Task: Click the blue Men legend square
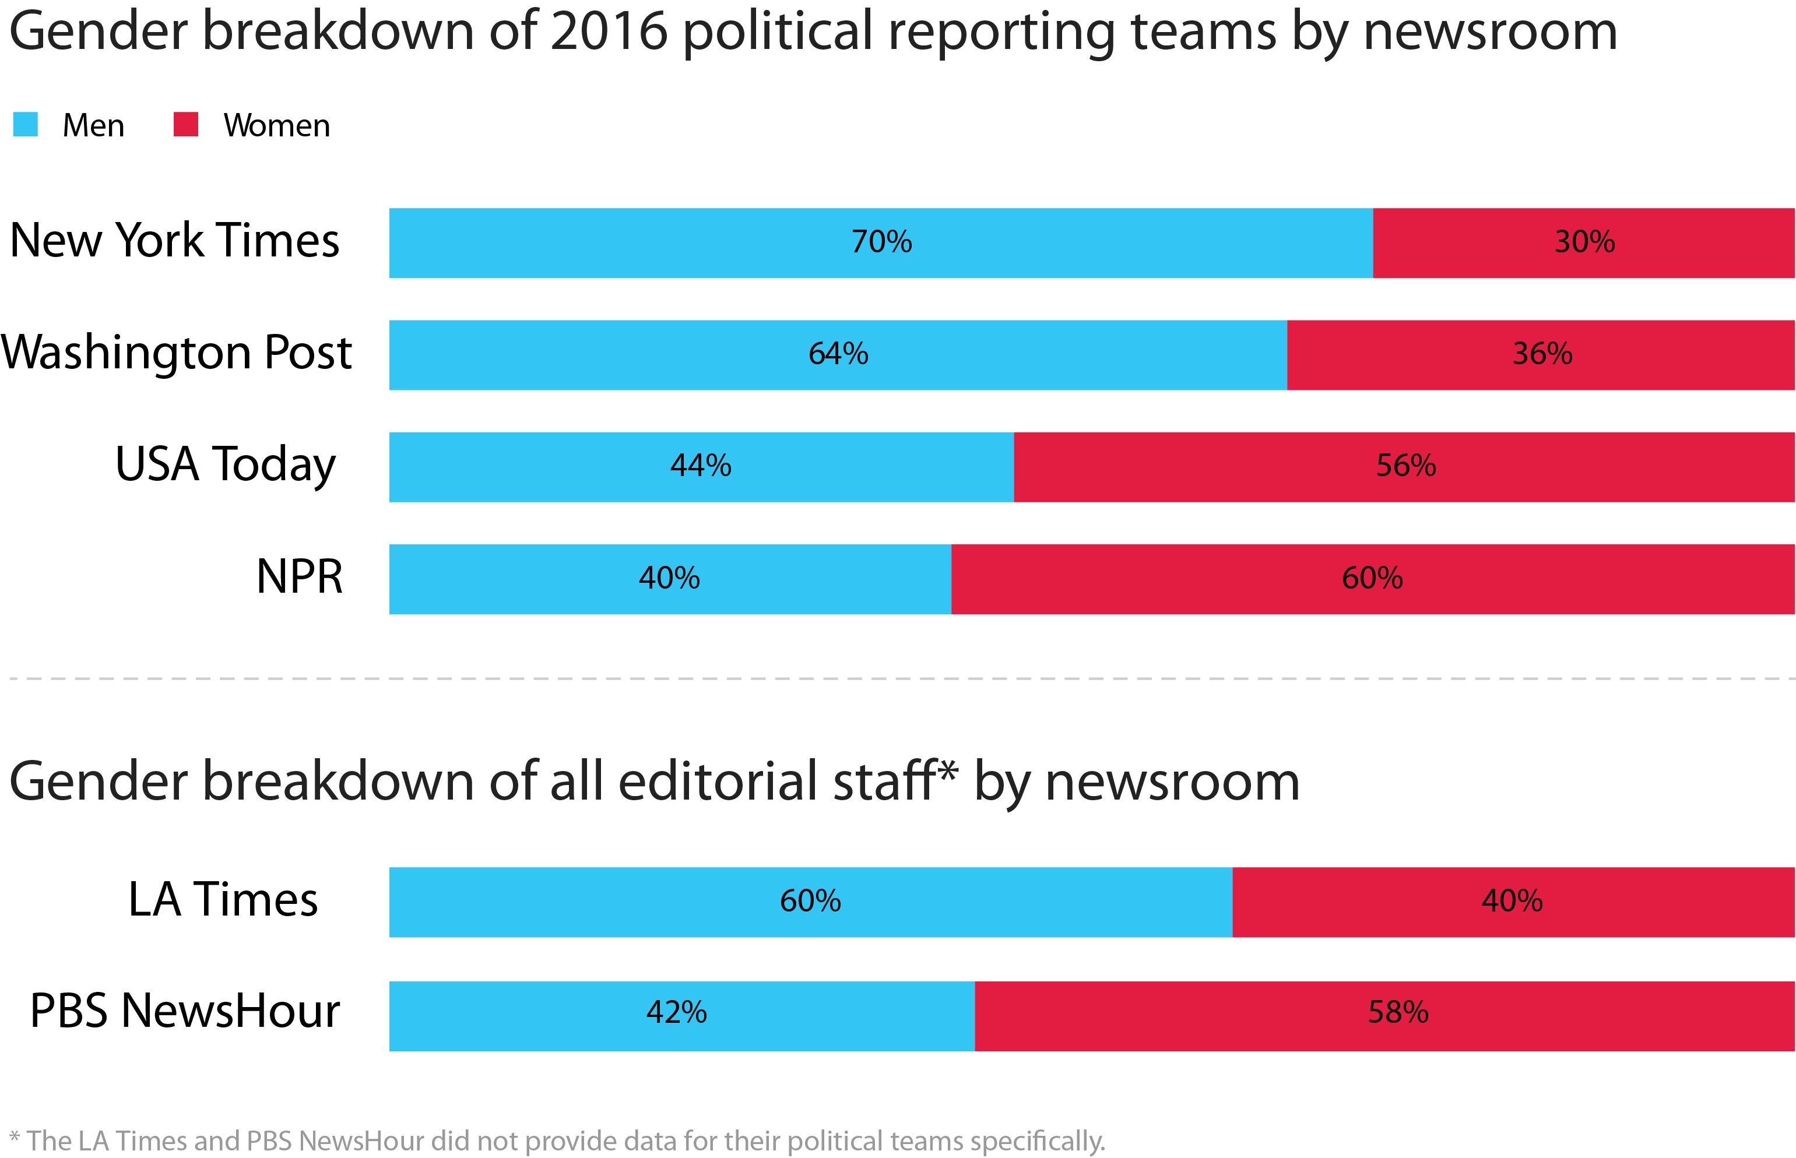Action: [26, 124]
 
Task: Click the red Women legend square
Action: [186, 124]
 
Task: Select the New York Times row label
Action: [174, 241]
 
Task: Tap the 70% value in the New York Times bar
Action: [881, 242]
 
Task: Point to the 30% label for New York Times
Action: [1584, 242]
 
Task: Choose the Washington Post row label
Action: [177, 353]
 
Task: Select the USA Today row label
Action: [225, 464]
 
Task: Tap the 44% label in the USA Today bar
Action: [700, 466]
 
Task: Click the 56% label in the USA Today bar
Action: [1405, 466]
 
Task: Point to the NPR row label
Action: [300, 577]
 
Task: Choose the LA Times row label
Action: [223, 899]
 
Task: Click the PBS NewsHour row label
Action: [185, 1011]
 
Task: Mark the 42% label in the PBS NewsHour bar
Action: [676, 1013]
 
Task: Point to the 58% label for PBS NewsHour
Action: [1397, 1013]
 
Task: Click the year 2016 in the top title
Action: [609, 31]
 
